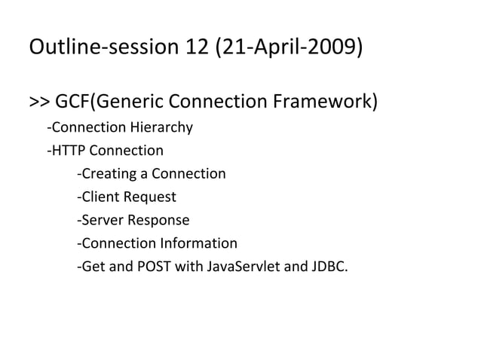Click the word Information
(198, 243)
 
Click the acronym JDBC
(329, 266)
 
